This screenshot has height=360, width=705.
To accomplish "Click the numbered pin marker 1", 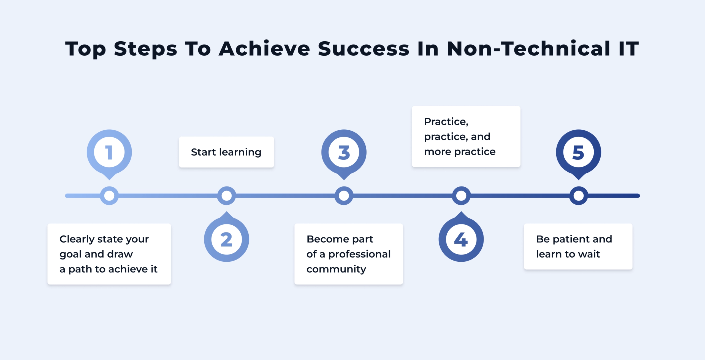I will (109, 152).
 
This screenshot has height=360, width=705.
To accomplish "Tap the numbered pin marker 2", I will (226, 239).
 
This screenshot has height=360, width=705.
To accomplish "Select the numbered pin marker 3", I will (344, 152).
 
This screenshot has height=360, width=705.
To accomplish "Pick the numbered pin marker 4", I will (461, 239).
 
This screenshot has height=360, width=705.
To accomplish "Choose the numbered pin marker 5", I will (578, 152).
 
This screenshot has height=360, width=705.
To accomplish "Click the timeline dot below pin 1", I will (109, 196).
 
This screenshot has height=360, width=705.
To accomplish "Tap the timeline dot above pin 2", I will (226, 196).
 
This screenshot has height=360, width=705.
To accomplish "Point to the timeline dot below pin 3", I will (344, 196).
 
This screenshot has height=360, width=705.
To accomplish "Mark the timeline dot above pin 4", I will (461, 196).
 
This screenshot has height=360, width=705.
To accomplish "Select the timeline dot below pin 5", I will (578, 196).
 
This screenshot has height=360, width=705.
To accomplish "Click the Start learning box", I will (226, 152).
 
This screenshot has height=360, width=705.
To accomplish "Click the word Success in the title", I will (364, 49).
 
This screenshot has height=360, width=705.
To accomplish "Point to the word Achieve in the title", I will (264, 49).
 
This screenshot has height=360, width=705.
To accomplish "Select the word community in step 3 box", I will (336, 269).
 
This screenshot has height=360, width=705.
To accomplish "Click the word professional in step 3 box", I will (359, 254).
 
